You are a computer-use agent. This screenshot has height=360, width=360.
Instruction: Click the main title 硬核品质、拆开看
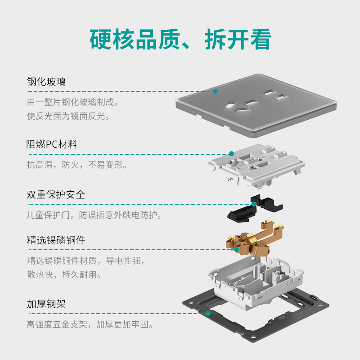pos(180,40)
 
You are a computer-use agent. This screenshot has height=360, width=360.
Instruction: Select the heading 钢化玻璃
pos(46,82)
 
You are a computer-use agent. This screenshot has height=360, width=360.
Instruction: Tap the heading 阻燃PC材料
pos(52,144)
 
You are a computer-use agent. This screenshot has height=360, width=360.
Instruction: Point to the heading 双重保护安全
pos(55,195)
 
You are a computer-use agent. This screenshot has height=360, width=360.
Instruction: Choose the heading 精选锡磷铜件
pos(55,240)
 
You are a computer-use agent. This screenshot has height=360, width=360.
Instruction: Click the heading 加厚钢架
pos(46,304)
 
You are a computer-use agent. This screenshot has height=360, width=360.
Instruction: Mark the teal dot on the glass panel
pos(215,91)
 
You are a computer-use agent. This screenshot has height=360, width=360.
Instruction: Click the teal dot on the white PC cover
pos(231,154)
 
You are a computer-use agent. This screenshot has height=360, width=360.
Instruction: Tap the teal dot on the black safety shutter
pos(254,204)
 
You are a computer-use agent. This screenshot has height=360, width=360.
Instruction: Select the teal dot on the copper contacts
pos(236,249)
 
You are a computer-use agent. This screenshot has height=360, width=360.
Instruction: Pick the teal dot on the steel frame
pos(208,313)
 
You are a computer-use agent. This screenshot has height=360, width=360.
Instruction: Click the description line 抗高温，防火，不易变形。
pos(76,165)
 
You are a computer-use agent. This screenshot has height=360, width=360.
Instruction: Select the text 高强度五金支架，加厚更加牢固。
pos(90,324)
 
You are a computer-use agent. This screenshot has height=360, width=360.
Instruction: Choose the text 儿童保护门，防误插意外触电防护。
pos(94,215)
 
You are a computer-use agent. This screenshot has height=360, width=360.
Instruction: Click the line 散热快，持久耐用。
pos(64,274)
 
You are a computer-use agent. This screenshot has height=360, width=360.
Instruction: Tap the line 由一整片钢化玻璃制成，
pos(72,102)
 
